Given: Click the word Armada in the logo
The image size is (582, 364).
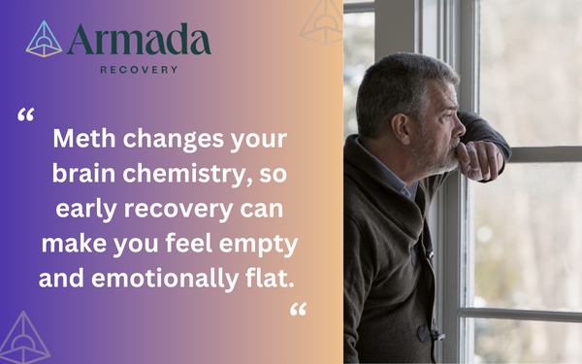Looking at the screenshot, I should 139,40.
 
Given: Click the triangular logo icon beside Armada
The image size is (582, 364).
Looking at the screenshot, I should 43,40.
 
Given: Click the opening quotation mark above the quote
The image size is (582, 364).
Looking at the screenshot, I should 26,116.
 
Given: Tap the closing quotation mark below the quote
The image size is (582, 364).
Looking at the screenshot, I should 298,310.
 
